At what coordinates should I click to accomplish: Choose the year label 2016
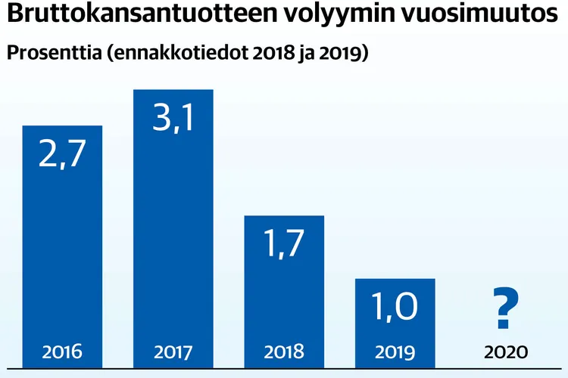point(62,352)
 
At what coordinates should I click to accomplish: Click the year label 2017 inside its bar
point(173,352)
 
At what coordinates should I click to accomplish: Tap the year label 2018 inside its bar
point(283,352)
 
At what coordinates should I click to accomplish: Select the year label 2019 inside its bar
point(395,352)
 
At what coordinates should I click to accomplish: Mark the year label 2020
point(505,352)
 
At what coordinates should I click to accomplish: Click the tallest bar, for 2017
point(173,227)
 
